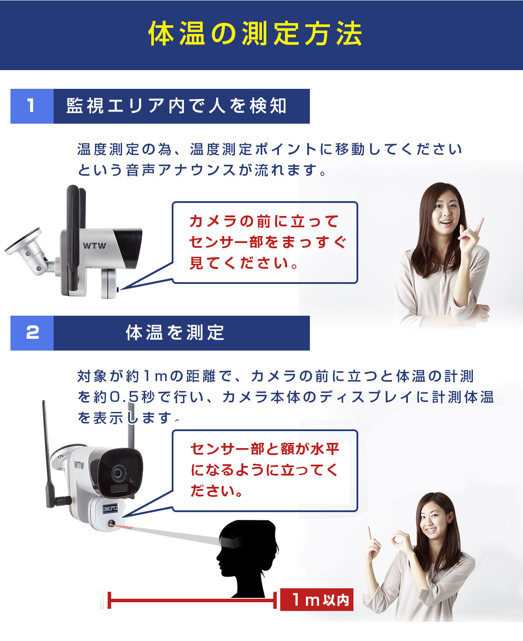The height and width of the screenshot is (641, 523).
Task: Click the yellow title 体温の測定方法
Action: pos(255,34)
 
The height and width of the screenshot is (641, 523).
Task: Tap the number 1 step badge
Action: pos(31,106)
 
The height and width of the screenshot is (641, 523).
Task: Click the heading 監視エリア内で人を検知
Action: pos(177,106)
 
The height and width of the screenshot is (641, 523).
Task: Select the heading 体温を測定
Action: pos(175,333)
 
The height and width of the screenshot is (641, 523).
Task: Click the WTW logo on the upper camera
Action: pos(94,246)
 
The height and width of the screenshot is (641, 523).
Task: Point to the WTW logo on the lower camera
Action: pos(79,465)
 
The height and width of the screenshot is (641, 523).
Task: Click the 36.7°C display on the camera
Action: pos(110,508)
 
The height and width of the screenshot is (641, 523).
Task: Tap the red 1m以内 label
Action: pos(317,600)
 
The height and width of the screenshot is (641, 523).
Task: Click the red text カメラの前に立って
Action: pos(264,221)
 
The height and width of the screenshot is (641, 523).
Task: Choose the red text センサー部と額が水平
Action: pos(265,449)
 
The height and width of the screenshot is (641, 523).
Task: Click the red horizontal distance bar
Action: pos(192,601)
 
